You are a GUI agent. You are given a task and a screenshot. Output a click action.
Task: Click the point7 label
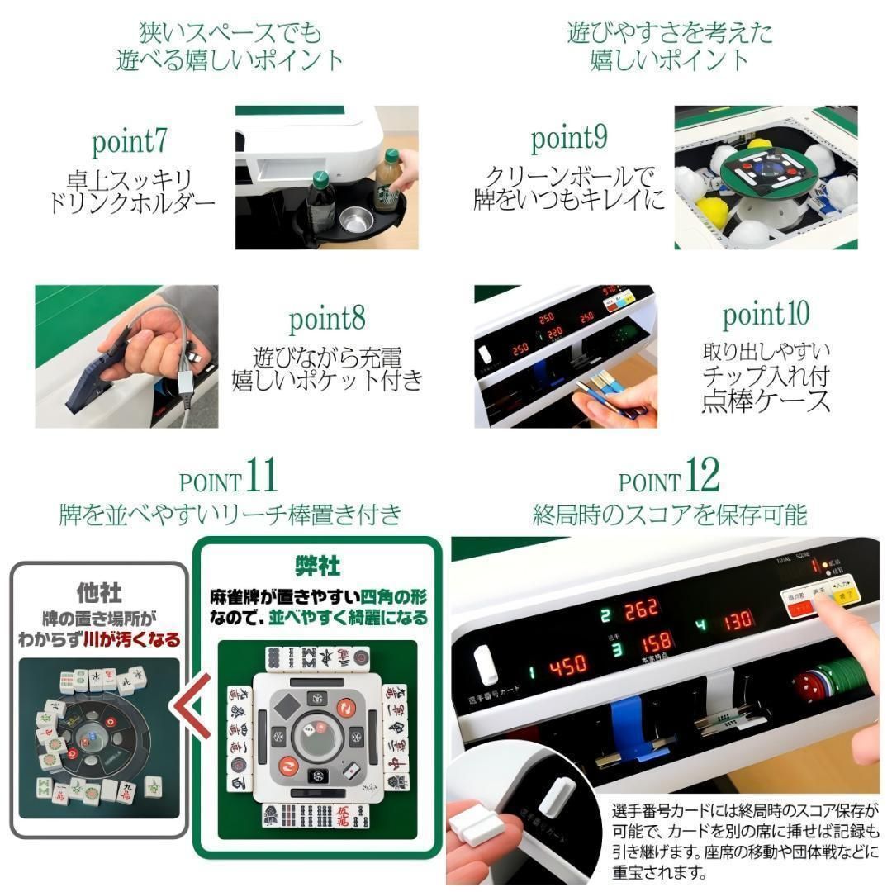tap(130, 142)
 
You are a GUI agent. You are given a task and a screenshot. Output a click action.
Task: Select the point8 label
tap(327, 319)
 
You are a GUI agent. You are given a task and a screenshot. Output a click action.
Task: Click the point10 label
tap(766, 316)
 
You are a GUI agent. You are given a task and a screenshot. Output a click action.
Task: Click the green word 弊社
tap(318, 566)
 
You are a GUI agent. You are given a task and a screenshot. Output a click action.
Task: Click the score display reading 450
tap(567, 665)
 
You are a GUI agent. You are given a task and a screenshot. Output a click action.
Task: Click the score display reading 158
tap(654, 642)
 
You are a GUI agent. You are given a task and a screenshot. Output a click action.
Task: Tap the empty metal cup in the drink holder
tap(356, 219)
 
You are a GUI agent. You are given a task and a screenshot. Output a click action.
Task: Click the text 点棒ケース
tap(766, 402)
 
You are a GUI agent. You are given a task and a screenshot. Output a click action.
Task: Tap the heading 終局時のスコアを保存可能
tap(669, 515)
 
